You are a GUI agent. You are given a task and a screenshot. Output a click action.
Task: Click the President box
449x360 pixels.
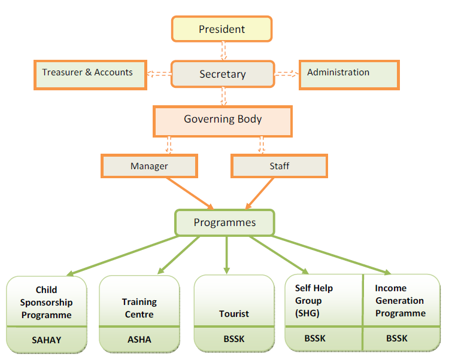[222, 29]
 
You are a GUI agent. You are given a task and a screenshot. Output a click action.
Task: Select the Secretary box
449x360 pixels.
[223, 74]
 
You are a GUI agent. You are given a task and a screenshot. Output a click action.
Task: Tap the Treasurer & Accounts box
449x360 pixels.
[90, 75]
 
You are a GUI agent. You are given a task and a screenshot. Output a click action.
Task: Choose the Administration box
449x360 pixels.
[349, 75]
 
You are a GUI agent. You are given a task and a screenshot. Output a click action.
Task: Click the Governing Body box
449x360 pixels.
[223, 121]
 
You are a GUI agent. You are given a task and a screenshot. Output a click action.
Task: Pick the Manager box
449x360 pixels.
[149, 166]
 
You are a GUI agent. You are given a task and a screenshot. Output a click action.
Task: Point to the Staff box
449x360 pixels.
[279, 166]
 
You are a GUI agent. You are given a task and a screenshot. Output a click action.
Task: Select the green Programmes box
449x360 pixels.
[224, 222]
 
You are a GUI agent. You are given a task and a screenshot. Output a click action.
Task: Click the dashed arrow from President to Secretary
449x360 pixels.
[223, 51]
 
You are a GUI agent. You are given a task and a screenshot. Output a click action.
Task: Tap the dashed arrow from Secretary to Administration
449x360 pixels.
[287, 74]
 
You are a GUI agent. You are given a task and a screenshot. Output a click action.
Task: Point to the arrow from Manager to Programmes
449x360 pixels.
[190, 193]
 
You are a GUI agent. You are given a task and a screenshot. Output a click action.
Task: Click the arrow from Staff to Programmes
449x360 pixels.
[259, 193]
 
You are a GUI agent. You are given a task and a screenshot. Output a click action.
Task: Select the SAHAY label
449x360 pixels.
[46, 340]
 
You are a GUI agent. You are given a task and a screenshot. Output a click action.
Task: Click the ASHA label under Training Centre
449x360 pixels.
[139, 340]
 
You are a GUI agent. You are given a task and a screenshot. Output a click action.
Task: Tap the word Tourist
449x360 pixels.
[234, 314]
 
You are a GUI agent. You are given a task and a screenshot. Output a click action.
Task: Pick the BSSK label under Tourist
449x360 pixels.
[234, 339]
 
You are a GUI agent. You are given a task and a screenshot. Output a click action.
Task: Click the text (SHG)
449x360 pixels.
[307, 313]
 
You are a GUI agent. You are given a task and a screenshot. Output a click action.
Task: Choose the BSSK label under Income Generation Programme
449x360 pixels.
[396, 338]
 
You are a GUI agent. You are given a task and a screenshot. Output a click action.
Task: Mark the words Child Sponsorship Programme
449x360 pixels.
[46, 302]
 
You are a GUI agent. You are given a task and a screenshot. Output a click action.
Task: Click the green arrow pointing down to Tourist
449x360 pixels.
[226, 255]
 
